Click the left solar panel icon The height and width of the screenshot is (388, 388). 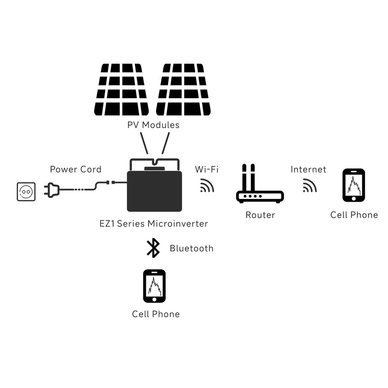point(121,90)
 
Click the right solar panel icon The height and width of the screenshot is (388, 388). point(183,90)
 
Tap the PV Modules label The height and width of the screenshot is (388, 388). point(153,125)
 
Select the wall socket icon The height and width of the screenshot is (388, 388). point(26,192)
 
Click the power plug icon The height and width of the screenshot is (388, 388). point(52,190)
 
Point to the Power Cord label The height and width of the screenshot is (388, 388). point(76,169)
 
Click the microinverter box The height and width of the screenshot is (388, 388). point(154,191)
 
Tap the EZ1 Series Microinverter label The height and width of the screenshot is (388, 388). point(153,224)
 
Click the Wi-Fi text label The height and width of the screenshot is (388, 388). point(206,169)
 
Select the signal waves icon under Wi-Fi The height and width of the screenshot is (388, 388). point(207,186)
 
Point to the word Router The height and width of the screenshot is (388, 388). point(260,215)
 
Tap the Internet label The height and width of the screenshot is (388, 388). point(308,169)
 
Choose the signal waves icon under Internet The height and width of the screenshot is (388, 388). point(310,185)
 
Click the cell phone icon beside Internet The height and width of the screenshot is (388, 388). point(353,185)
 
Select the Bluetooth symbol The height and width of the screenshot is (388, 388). point(153,248)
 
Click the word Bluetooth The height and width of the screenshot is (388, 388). point(191,248)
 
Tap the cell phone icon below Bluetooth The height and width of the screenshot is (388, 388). point(154,286)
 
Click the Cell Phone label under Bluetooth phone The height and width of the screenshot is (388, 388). point(156,314)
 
